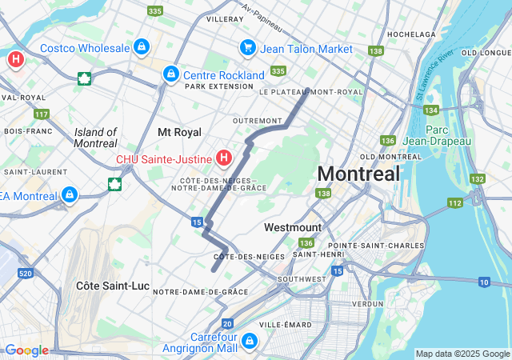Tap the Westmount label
tap(293, 227)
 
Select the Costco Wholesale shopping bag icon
tap(142, 48)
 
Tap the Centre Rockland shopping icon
tap(170, 74)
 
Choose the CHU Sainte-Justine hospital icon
tap(225, 158)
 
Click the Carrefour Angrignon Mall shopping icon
tap(250, 342)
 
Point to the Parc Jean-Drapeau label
tap(447, 135)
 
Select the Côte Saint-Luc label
tap(106, 286)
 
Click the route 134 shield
tap(431, 110)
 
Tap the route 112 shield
tap(454, 203)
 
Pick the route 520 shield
tap(26, 274)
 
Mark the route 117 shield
tap(42, 114)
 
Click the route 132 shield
tap(478, 179)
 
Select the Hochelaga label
tap(410, 34)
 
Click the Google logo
tap(26, 350)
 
